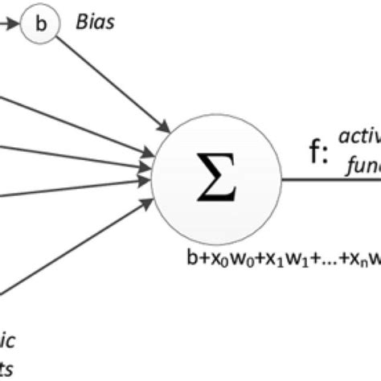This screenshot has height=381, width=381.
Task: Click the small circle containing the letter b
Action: (42, 23)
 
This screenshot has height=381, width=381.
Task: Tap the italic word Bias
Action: (95, 22)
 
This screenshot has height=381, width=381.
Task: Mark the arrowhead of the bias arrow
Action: (165, 125)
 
